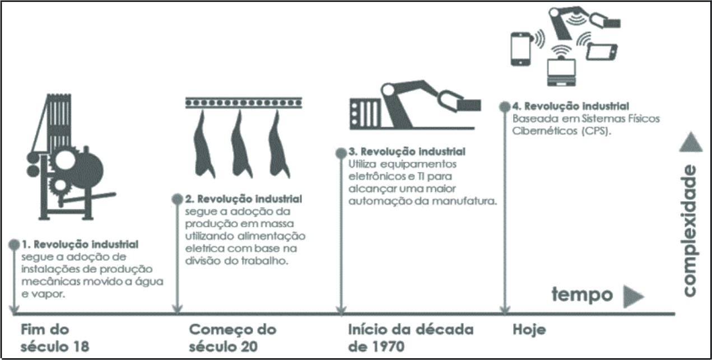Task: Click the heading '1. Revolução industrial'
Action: point(80,245)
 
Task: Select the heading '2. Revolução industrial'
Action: point(244,199)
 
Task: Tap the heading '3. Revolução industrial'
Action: point(407,152)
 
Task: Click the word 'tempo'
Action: point(583,294)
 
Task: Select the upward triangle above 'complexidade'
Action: point(690,143)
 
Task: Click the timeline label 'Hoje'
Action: point(529,330)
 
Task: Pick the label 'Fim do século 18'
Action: point(54,338)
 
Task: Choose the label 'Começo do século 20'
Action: point(232,338)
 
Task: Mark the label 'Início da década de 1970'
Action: point(410,338)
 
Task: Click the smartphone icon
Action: point(522,49)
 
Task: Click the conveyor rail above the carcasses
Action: point(241,102)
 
